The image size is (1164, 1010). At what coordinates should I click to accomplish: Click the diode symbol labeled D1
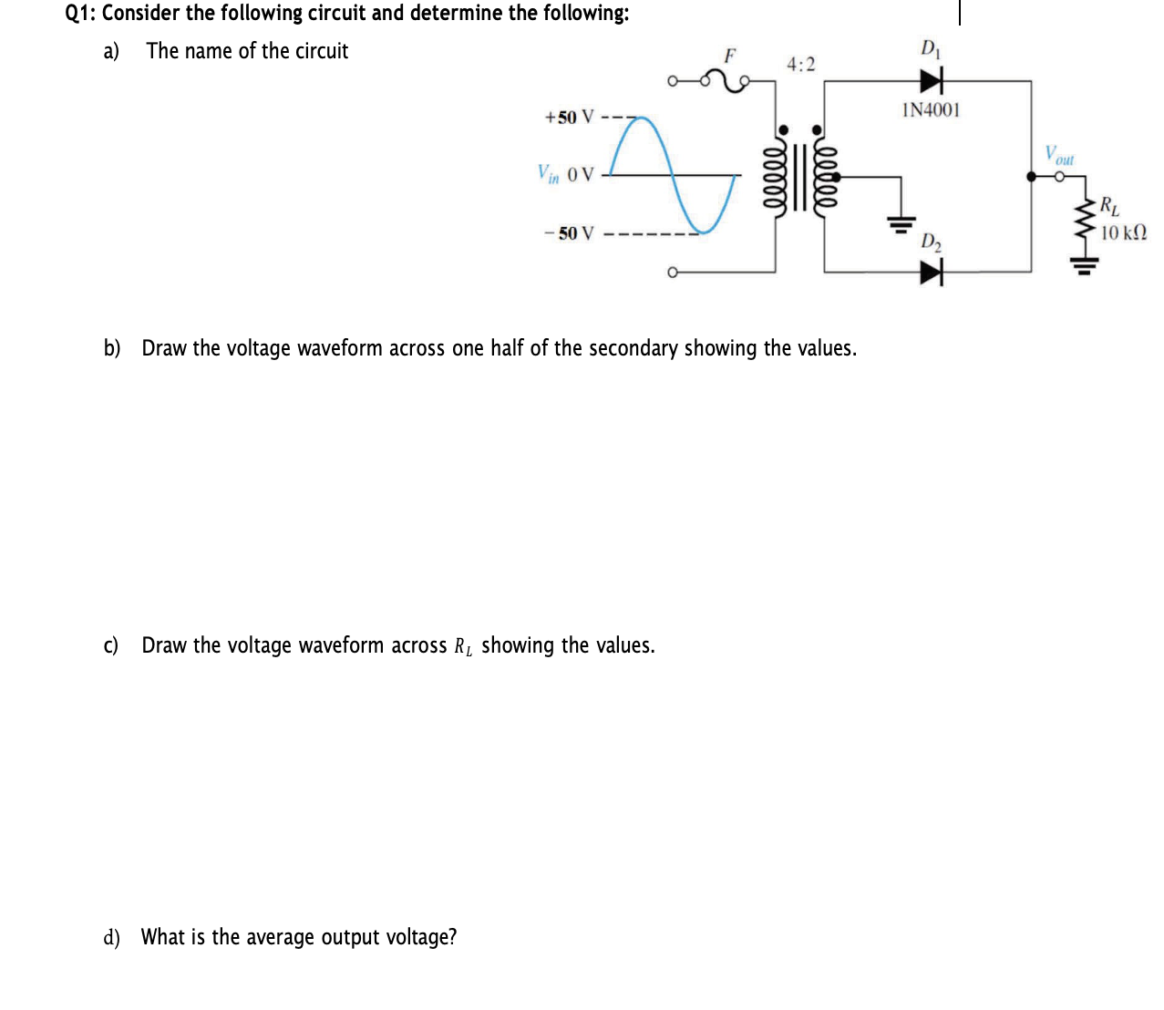(931, 81)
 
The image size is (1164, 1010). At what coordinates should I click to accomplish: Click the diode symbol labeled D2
(931, 272)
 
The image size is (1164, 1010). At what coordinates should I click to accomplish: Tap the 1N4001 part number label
(930, 110)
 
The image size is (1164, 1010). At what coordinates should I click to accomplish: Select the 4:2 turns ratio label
(801, 65)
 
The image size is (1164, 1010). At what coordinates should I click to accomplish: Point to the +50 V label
(569, 118)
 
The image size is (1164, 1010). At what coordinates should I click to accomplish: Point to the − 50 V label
(569, 233)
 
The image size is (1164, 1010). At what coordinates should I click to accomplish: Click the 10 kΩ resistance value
(1123, 232)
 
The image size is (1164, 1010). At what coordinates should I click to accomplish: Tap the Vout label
(1059, 156)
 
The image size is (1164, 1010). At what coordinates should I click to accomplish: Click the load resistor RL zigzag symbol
(1086, 217)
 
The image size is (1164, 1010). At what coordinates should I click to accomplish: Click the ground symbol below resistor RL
(1084, 265)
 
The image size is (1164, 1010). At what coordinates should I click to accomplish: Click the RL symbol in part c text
(463, 646)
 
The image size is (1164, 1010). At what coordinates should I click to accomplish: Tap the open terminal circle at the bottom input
(672, 272)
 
